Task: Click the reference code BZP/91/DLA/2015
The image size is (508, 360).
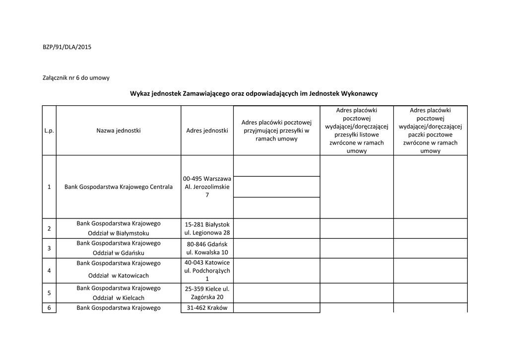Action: tap(67, 47)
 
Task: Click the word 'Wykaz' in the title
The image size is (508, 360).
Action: tap(140, 93)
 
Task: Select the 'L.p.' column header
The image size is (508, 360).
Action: tap(49, 131)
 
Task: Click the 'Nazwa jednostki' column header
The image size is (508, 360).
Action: tap(119, 131)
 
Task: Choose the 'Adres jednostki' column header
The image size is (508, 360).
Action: tap(207, 131)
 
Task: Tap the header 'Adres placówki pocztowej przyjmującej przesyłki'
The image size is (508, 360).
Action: tap(276, 131)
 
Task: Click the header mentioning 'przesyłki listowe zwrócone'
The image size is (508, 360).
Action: tap(357, 131)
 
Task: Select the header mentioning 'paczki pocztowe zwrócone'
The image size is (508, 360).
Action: tap(430, 131)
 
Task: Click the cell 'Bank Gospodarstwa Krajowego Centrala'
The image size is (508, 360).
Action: tap(119, 187)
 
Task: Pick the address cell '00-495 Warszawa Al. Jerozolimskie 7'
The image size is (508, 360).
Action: tap(207, 187)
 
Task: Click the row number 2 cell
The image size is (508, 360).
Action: tap(49, 228)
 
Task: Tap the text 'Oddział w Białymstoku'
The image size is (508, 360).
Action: tap(119, 233)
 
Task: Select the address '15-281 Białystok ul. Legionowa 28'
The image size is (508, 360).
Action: tap(207, 228)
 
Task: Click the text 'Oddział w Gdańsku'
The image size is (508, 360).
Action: tap(119, 253)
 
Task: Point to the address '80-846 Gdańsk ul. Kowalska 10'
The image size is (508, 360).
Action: tap(207, 248)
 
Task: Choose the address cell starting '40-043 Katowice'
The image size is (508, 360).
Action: tap(207, 271)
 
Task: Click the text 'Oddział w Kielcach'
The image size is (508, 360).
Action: tap(119, 298)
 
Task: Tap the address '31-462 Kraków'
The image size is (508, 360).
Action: tap(207, 308)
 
